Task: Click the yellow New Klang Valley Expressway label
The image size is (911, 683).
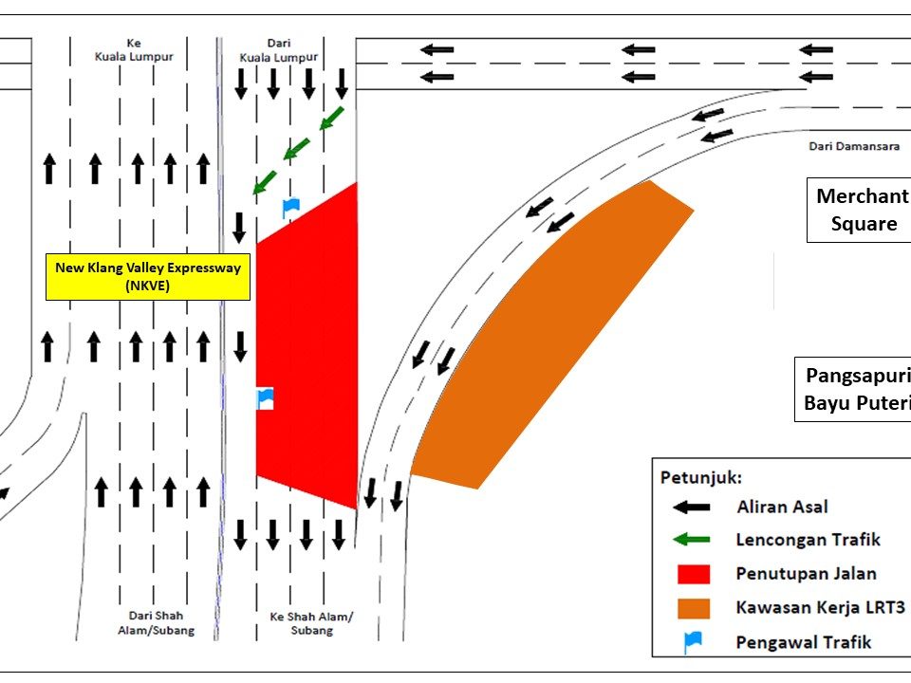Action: [x=148, y=276]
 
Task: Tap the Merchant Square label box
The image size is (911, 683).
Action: [x=859, y=210]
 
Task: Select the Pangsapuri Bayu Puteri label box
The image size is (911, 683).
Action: [x=853, y=389]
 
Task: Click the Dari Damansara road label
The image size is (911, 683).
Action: [x=854, y=146]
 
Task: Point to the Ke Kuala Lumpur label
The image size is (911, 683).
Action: [x=134, y=50]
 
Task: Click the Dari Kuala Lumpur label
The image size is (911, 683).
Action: [x=279, y=50]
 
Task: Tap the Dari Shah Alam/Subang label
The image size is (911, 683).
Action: [x=156, y=622]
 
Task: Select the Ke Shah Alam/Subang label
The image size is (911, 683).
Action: [x=311, y=623]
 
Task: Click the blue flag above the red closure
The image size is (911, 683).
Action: [x=290, y=208]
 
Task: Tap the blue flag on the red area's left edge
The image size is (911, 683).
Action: [x=265, y=398]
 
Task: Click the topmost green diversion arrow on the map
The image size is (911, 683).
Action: [x=332, y=119]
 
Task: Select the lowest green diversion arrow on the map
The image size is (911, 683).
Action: [x=265, y=182]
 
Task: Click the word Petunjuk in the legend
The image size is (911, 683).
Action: [x=700, y=478]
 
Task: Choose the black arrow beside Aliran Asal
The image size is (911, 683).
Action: [x=692, y=508]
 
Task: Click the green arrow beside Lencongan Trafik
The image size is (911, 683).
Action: [x=692, y=540]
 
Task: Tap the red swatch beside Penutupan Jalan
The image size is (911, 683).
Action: [x=694, y=574]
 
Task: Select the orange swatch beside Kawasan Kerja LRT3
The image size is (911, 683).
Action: [x=694, y=609]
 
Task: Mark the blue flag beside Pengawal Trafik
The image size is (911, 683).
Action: [x=693, y=642]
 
